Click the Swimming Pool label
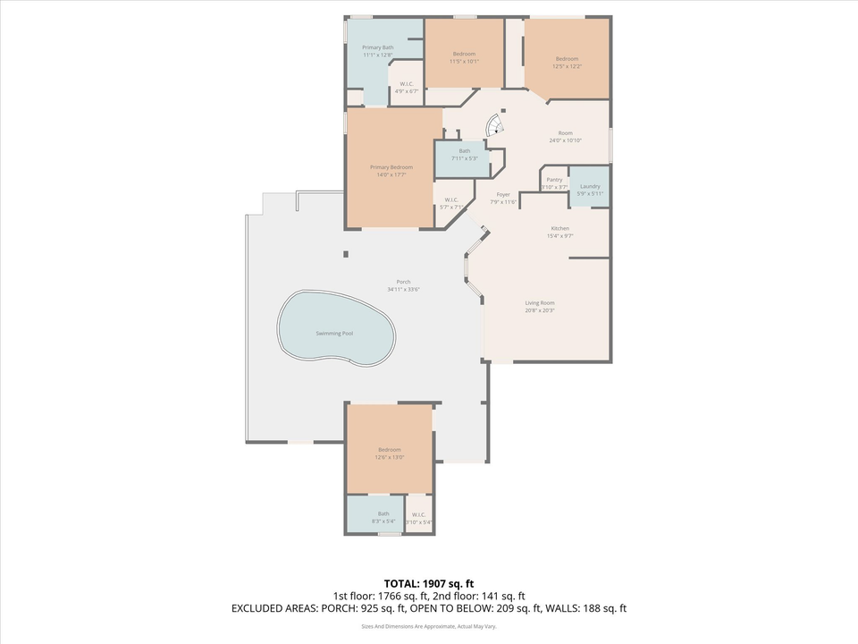(334, 334)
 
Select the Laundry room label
(590, 186)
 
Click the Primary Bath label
(377, 47)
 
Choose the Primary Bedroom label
(391, 167)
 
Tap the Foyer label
(503, 194)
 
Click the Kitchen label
(559, 228)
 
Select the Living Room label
(540, 303)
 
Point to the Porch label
(403, 282)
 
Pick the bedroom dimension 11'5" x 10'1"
(464, 62)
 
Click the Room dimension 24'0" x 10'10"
(565, 140)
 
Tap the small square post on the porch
(346, 255)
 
